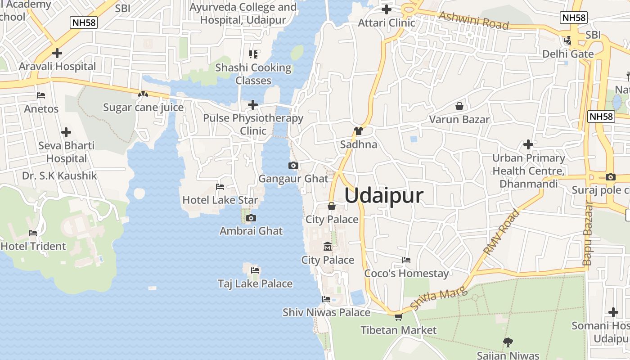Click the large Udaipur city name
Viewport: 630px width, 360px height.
click(x=384, y=196)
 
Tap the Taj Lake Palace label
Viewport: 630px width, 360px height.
click(x=255, y=283)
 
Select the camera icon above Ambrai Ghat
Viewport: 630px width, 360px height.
click(x=251, y=218)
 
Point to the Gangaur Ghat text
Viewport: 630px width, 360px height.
click(x=293, y=179)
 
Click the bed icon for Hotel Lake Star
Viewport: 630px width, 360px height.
click(x=220, y=186)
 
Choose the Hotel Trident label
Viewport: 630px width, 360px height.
click(x=33, y=246)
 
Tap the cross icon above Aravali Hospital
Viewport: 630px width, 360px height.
click(x=57, y=53)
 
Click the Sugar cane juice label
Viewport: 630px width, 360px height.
click(x=143, y=108)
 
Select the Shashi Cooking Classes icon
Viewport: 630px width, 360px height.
click(x=253, y=54)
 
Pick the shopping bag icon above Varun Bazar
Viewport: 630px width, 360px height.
click(x=459, y=106)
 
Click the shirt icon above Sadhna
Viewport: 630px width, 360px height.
click(x=359, y=131)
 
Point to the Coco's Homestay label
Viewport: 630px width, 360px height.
click(x=406, y=273)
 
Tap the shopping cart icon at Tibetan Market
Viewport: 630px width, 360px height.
click(x=398, y=317)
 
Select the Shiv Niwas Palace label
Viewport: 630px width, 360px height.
click(x=326, y=312)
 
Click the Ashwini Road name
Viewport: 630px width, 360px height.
click(x=473, y=20)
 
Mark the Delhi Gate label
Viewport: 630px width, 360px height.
click(x=568, y=54)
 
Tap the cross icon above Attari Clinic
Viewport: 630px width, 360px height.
click(x=387, y=9)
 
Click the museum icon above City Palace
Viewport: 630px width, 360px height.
click(x=328, y=247)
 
